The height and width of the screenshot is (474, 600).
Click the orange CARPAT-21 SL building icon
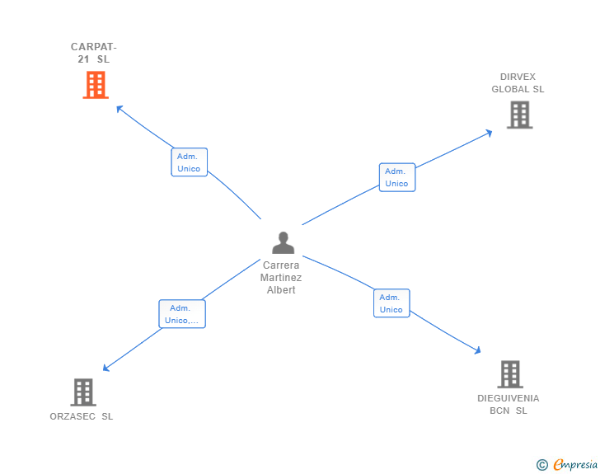96,85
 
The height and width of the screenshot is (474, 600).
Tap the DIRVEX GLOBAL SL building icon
519,115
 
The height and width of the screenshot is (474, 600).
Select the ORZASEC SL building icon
82,392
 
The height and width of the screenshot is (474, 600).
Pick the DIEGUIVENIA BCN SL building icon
510,374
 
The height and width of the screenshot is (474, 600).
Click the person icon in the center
283,243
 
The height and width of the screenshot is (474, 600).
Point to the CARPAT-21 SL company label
94,53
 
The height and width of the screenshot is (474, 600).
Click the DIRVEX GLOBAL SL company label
518,83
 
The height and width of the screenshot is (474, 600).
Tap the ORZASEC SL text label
82,416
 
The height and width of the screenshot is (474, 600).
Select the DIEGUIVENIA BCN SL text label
509,404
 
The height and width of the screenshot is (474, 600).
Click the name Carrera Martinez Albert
282,278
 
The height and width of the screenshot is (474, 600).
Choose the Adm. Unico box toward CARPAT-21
189,162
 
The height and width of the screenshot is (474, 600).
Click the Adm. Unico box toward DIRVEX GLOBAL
396,177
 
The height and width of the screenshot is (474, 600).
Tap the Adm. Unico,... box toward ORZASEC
181,314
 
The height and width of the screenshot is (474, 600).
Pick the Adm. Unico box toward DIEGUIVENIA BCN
391,303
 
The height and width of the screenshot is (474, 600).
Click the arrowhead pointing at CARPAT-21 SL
119,107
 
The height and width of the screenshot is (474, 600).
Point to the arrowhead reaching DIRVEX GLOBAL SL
490,131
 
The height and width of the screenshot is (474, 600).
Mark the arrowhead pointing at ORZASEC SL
105,368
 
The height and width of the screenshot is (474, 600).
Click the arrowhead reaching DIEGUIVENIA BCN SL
477,350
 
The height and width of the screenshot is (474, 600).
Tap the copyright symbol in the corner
541,465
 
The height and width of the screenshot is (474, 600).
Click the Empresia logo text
575,465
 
